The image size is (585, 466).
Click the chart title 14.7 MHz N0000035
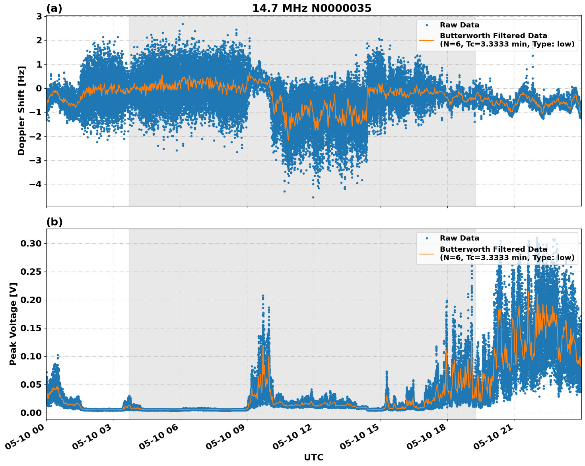coord(312,8)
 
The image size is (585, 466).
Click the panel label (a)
coord(54,8)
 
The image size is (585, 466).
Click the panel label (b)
coord(54,222)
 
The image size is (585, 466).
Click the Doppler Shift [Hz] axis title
coord(21,111)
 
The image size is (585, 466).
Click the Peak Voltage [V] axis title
coord(13,324)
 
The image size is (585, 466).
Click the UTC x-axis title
coord(313,457)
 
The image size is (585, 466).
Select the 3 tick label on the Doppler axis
coord(39,16)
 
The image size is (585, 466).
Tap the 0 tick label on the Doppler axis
coord(39,88)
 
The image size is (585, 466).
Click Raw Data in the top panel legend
coord(459,25)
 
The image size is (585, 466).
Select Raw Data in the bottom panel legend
coord(459,238)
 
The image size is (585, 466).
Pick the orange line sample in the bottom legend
coord(427,253)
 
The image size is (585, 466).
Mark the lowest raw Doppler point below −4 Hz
coord(313,197)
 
